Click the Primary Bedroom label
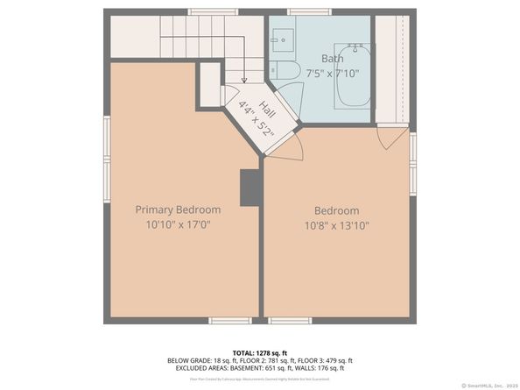pos(178,209)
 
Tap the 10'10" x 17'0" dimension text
pos(178,225)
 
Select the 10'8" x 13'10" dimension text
pos(337,225)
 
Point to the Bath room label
pos(307,59)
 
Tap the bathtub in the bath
pos(353,75)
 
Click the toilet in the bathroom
pos(285,69)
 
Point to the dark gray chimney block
pos(250,188)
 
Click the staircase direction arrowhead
pos(244,80)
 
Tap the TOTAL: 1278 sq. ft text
pos(260,351)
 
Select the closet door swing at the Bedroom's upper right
pos(392,135)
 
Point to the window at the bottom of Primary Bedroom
pos(230,321)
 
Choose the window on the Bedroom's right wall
pos(413,162)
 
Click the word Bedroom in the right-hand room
pos(337,210)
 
